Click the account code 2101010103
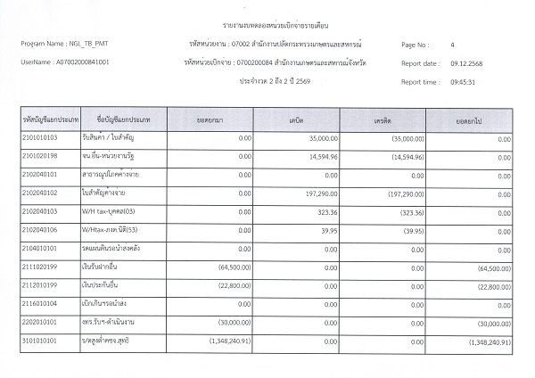(x=40, y=140)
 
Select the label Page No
(x=416, y=45)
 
